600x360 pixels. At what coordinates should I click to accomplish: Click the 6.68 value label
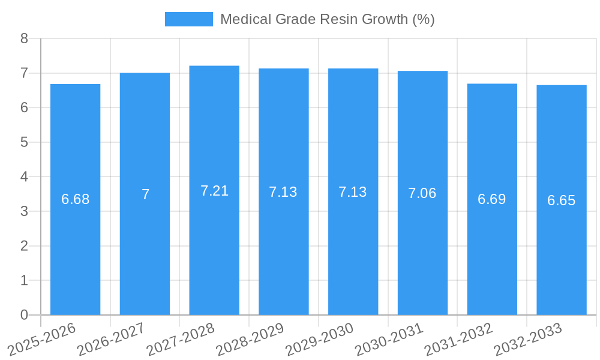coord(75,199)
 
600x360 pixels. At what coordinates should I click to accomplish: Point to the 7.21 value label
coord(214,191)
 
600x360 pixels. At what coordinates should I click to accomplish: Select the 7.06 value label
coord(422,193)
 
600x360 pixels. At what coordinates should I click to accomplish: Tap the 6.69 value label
coord(492,199)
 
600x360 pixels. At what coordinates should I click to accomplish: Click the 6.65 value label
coord(562,200)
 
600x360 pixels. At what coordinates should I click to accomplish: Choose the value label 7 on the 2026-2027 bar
coord(145,194)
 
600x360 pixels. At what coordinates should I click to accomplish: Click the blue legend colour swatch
coord(188,19)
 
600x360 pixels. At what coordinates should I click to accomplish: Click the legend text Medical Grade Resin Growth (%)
coord(327,19)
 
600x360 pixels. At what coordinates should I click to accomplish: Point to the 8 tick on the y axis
coord(25,38)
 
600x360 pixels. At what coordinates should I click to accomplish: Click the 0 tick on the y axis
coord(25,315)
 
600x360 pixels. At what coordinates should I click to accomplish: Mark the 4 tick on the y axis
coord(25,177)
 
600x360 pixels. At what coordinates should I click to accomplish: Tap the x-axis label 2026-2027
coord(111,339)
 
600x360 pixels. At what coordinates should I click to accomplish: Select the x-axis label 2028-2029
coord(250,339)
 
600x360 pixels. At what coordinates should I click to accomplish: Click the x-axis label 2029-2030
coord(319,339)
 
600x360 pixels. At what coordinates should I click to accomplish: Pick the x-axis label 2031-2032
coord(458,339)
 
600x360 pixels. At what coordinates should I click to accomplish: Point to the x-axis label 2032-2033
coord(528,339)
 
